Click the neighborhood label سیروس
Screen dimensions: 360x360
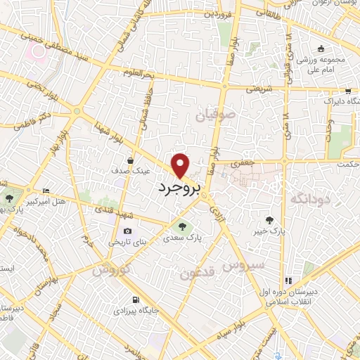tap(243, 264)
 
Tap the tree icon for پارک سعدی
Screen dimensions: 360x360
tap(183, 226)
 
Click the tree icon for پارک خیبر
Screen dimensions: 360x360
tap(269, 220)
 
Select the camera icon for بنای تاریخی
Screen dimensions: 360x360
tap(127, 231)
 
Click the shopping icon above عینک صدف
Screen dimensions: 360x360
tap(131, 161)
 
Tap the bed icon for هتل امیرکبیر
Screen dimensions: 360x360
tap(46, 191)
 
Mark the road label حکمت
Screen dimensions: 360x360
tap(347, 164)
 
